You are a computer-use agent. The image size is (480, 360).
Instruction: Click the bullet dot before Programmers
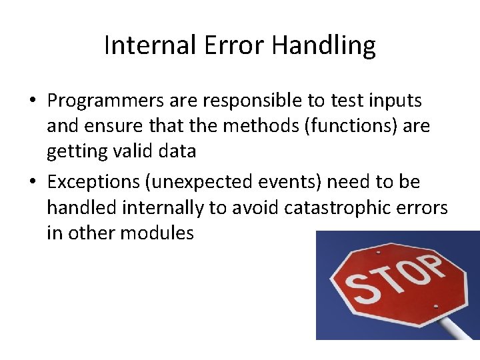click(x=32, y=101)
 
